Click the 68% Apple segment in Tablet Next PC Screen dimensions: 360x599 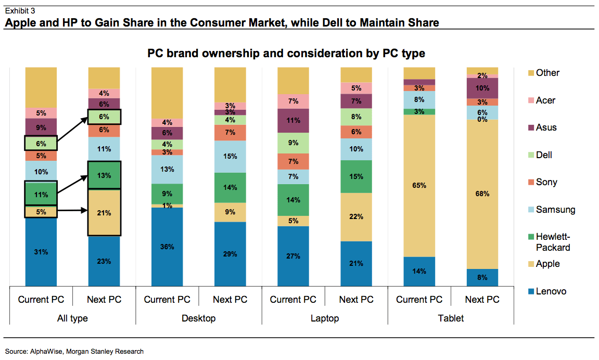[482, 194]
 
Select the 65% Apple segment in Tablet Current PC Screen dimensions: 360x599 [419, 185]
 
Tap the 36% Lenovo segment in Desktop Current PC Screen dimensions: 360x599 [167, 247]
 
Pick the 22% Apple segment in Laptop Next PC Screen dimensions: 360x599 [356, 217]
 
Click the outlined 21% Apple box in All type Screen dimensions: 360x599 [104, 212]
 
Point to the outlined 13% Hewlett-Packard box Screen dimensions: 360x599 [104, 175]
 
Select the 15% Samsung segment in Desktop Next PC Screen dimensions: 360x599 [230, 156]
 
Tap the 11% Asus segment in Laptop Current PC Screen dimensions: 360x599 [293, 120]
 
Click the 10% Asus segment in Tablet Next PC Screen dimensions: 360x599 [482, 88]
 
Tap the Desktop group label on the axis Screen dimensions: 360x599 [198, 318]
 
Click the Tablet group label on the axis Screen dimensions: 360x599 [451, 318]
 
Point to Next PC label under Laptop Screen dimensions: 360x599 [356, 300]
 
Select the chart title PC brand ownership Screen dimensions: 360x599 [286, 53]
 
